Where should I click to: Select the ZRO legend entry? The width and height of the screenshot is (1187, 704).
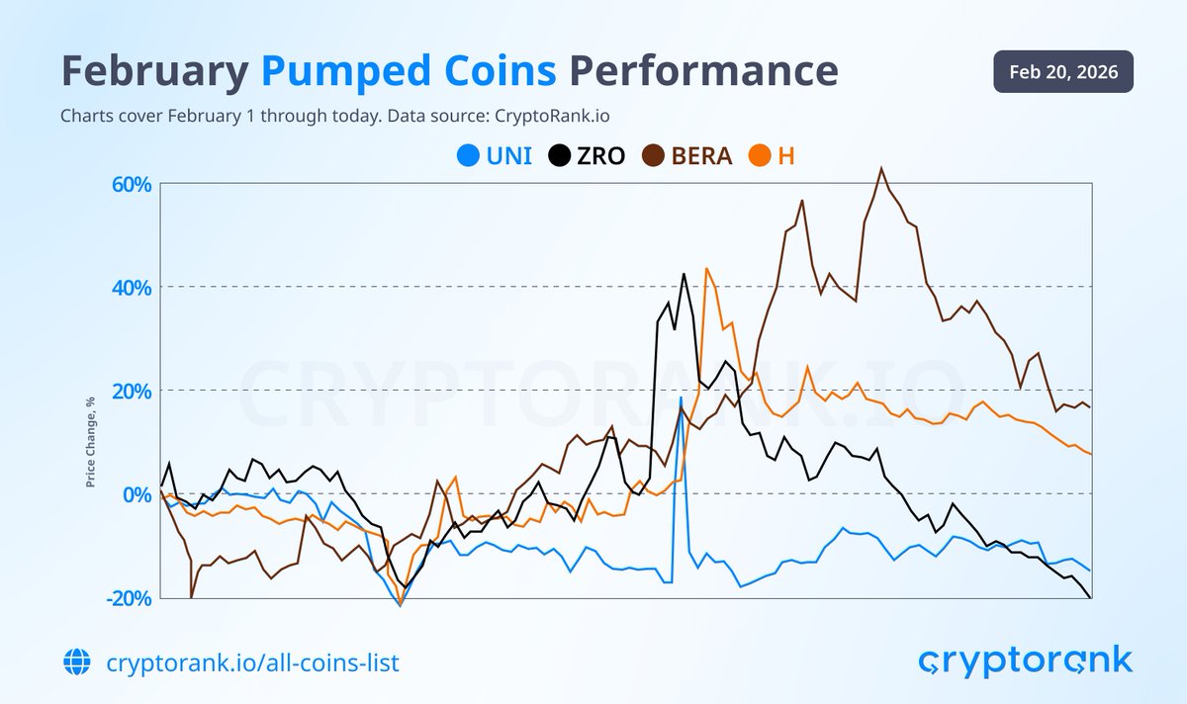click(588, 155)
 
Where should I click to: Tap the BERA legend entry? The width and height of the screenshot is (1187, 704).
click(688, 155)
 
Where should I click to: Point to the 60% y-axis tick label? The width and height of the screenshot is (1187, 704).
click(131, 185)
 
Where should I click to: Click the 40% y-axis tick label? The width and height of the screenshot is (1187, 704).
click(131, 288)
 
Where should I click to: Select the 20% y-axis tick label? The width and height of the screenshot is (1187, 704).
click(131, 391)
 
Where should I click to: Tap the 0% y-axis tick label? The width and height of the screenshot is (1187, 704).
click(136, 493)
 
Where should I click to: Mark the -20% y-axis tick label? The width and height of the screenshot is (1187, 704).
click(129, 596)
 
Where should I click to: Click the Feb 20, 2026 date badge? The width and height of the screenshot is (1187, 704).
click(1063, 72)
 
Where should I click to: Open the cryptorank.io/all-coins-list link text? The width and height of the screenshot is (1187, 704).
click(252, 661)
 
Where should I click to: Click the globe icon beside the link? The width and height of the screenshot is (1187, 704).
click(75, 661)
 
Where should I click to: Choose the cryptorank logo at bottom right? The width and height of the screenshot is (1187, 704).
click(1025, 660)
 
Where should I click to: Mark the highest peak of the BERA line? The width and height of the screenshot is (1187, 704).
click(880, 168)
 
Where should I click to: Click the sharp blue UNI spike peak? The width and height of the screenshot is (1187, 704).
click(681, 397)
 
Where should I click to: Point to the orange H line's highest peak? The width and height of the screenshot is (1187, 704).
click(706, 268)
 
